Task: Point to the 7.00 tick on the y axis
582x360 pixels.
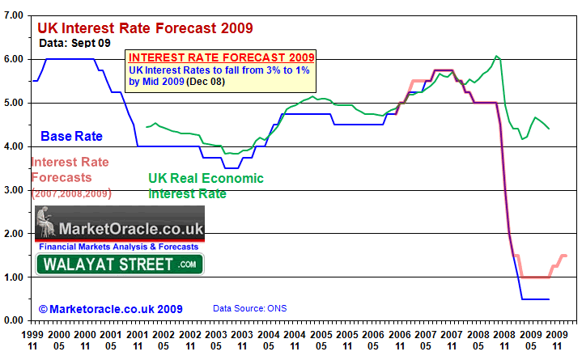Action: pyautogui.click(x=15, y=15)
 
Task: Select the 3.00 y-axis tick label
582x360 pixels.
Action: pyautogui.click(x=15, y=189)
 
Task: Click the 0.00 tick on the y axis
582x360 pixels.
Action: pyautogui.click(x=15, y=320)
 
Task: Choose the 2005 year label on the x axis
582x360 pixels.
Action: pyautogui.click(x=321, y=333)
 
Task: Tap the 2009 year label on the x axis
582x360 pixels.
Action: pyautogui.click(x=525, y=333)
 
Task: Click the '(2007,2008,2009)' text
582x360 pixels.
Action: pyautogui.click(x=71, y=194)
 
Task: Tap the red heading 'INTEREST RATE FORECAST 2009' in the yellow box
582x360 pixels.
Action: pyautogui.click(x=221, y=58)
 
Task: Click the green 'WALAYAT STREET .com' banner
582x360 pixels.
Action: pyautogui.click(x=120, y=264)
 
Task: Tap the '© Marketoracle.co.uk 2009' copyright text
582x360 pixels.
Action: pyautogui.click(x=110, y=309)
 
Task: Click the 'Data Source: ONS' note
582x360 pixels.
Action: pyautogui.click(x=249, y=309)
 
